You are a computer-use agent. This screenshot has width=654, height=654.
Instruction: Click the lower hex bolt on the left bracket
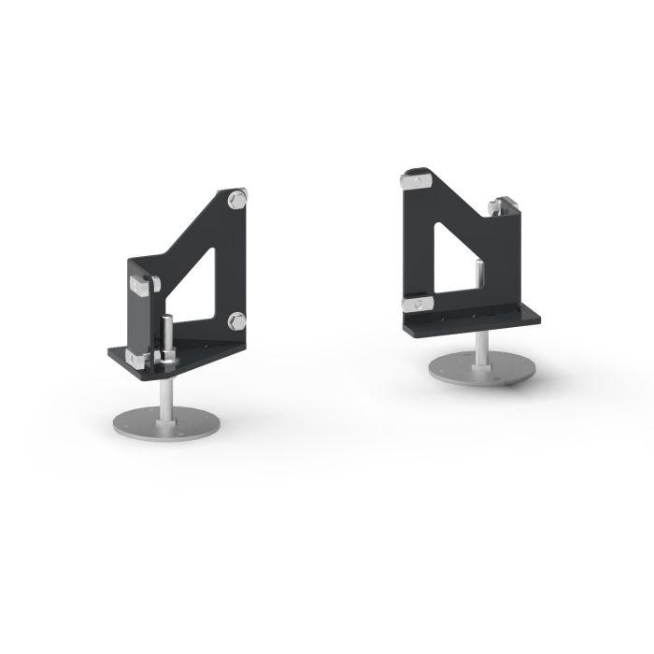[x=235, y=321]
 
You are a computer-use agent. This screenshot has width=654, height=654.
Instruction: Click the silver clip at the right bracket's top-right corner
[x=507, y=204]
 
